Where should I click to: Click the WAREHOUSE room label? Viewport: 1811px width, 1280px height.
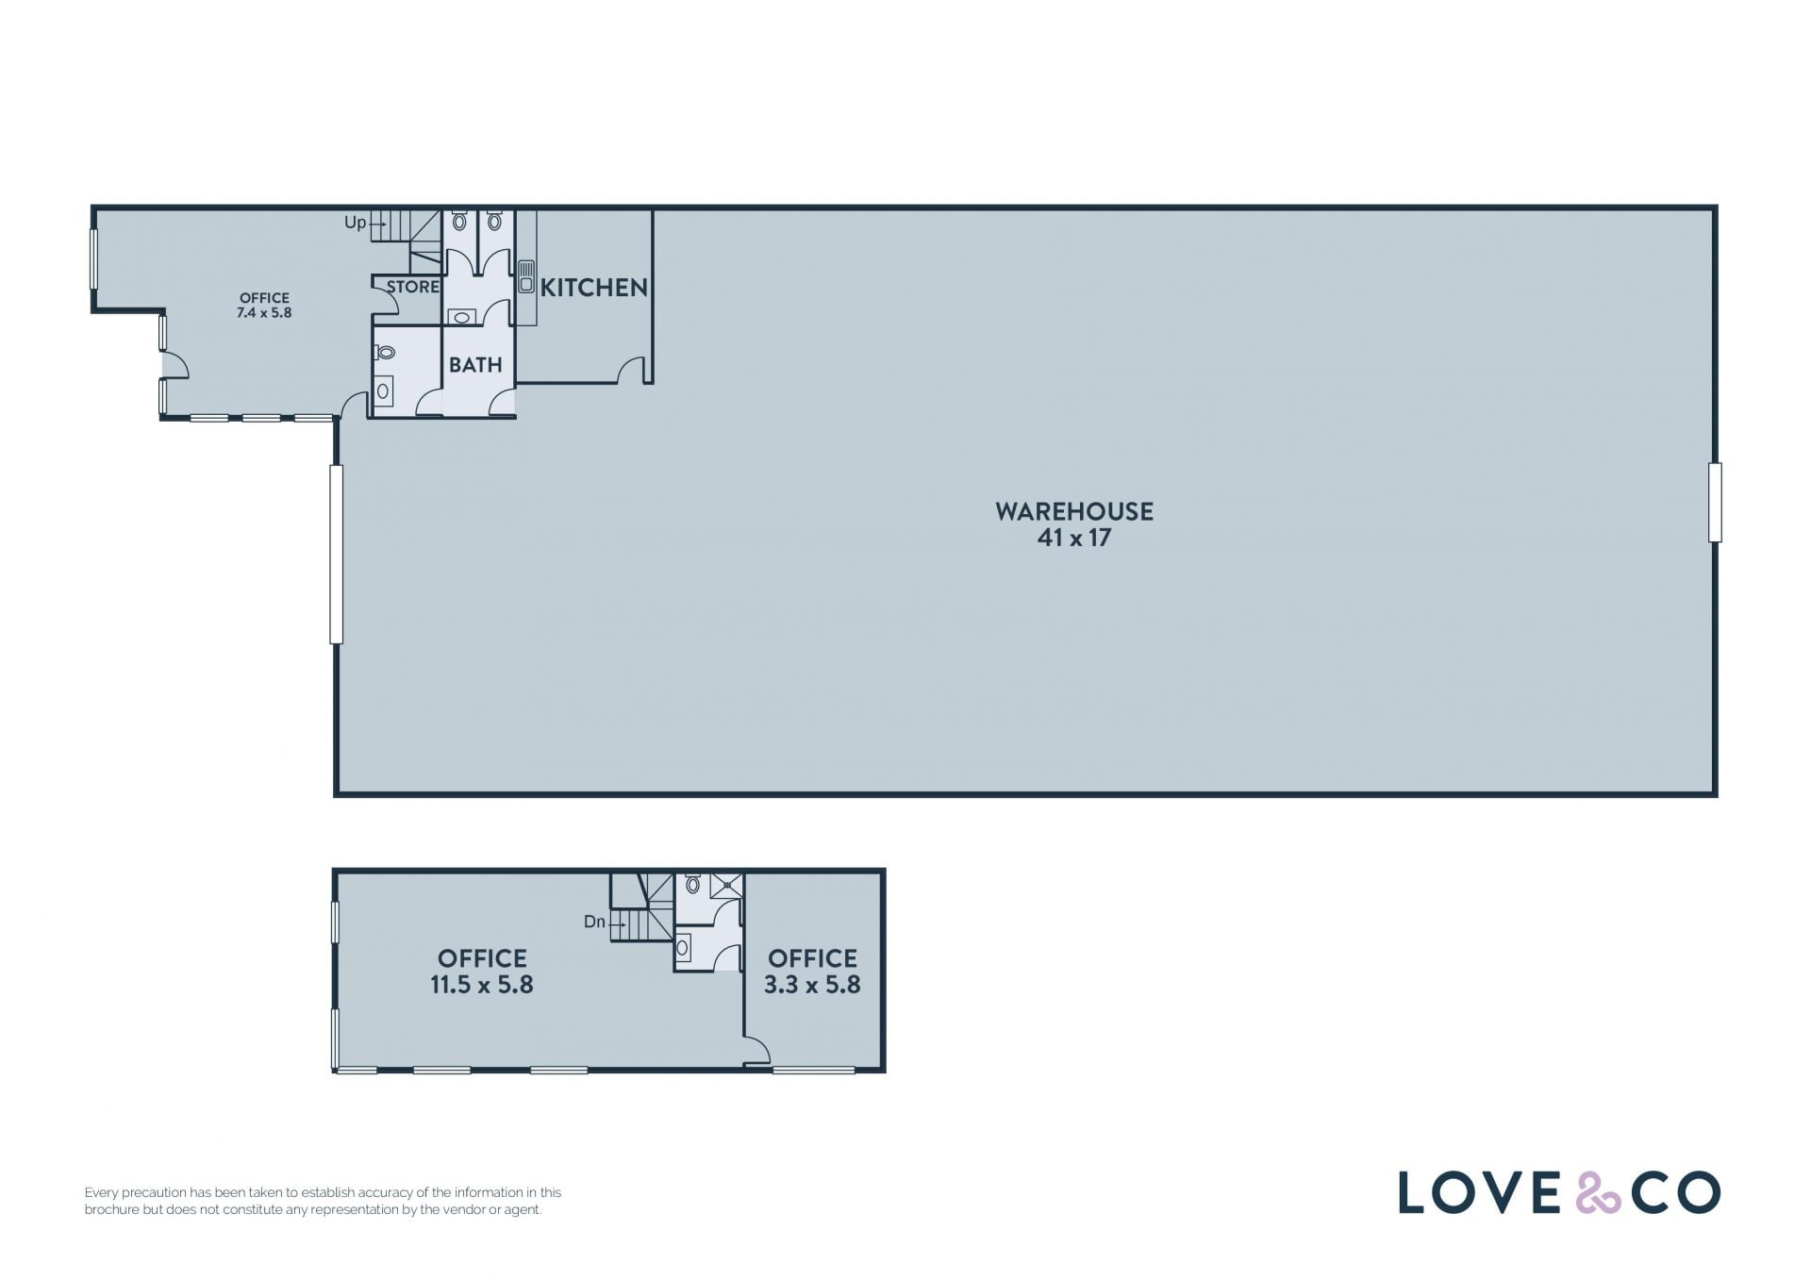click(1074, 511)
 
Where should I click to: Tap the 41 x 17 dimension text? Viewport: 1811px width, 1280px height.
click(1074, 538)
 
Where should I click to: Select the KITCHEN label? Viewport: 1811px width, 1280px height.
click(593, 288)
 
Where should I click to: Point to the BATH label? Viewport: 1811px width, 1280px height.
click(475, 365)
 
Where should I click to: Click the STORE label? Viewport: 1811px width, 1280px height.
click(413, 287)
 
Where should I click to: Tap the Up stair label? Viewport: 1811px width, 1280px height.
click(355, 223)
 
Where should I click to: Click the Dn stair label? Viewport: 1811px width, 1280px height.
click(594, 922)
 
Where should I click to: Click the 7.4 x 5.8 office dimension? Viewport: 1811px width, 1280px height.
click(264, 313)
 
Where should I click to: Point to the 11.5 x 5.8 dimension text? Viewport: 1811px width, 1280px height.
click(482, 985)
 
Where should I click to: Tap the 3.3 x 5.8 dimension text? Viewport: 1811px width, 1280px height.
click(812, 985)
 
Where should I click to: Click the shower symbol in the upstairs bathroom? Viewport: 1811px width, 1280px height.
click(726, 885)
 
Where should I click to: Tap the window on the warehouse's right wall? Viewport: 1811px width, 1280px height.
click(1715, 502)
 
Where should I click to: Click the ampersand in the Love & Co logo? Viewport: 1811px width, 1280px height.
click(1598, 1192)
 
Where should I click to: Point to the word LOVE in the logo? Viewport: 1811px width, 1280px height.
click(1479, 1192)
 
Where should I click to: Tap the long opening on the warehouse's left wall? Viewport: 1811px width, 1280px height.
click(336, 555)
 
